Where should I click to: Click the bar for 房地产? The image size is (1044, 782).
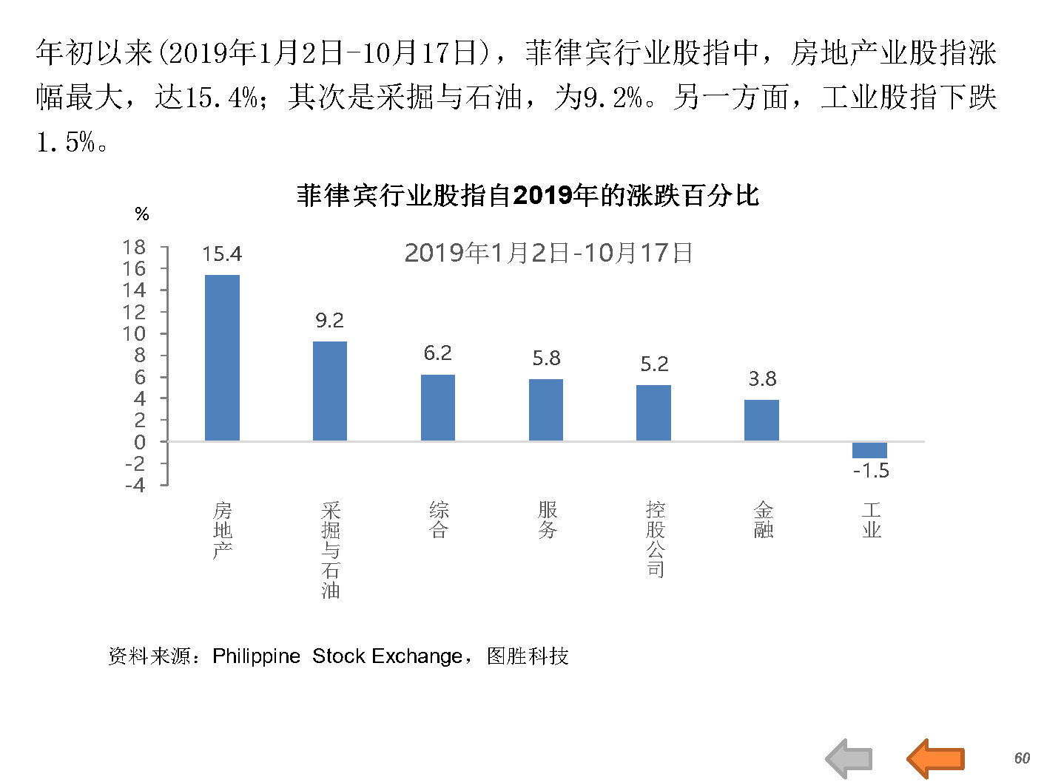click(x=222, y=358)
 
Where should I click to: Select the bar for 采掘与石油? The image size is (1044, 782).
click(x=330, y=391)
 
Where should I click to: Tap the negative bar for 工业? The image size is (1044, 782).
click(x=869, y=450)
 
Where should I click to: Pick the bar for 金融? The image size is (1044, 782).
click(x=761, y=420)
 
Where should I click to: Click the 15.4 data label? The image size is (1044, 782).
click(x=222, y=254)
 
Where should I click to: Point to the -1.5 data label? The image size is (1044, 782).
click(x=871, y=471)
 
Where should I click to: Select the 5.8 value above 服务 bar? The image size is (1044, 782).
click(x=546, y=358)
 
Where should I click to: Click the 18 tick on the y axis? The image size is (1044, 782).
click(x=135, y=247)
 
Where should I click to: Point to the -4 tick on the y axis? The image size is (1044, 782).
click(x=135, y=486)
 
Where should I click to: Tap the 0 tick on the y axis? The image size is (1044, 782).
click(x=140, y=442)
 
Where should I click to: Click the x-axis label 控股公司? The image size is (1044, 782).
click(x=656, y=539)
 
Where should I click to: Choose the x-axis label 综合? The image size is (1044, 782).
click(x=439, y=520)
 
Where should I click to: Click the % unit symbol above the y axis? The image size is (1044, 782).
click(x=142, y=214)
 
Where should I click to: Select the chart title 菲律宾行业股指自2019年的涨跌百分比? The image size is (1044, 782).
click(x=528, y=195)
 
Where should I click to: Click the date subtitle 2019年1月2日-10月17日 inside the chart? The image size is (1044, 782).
click(x=548, y=253)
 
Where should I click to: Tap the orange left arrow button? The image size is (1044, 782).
click(x=935, y=758)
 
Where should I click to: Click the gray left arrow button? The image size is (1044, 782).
click(x=849, y=758)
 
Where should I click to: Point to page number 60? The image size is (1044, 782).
click(x=1022, y=758)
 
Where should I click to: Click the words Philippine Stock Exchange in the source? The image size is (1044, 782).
click(x=337, y=656)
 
